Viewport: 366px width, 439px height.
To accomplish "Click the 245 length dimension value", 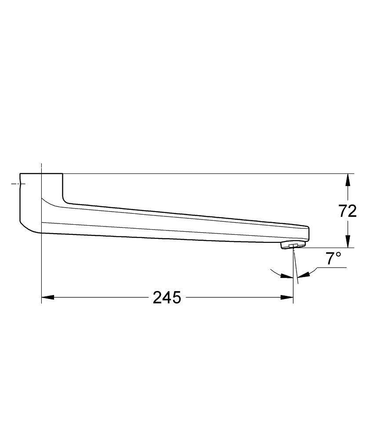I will (167, 298).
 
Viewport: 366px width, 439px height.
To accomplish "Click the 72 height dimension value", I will (348, 211).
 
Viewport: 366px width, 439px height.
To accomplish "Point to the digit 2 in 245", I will (158, 298).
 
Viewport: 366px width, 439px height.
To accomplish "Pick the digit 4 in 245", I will (167, 298).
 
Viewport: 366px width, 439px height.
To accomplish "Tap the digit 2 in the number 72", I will (352, 211).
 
